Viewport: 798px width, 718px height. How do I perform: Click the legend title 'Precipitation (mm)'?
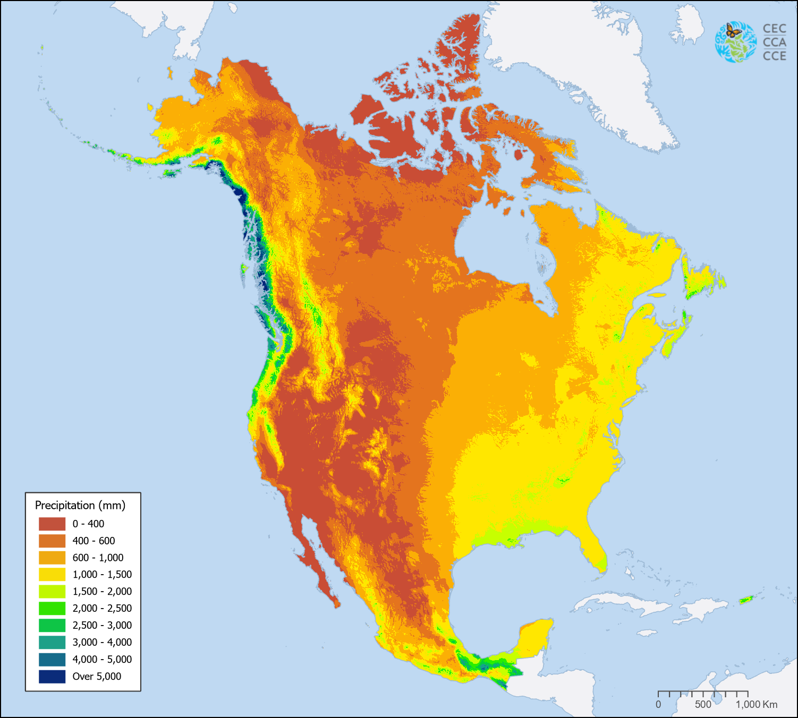tap(80, 505)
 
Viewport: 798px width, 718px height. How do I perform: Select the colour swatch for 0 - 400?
tap(52, 524)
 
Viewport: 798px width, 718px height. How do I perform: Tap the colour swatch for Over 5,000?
tap(52, 676)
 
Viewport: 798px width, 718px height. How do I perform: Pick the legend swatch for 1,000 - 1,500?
tap(52, 574)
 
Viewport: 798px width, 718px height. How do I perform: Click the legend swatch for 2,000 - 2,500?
tap(52, 608)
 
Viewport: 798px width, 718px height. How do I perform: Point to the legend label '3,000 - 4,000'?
tap(102, 642)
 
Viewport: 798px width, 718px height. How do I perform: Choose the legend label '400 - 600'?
tap(94, 541)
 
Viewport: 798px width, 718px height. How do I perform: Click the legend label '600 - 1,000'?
tap(98, 558)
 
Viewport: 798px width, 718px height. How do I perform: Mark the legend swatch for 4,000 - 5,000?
tap(52, 659)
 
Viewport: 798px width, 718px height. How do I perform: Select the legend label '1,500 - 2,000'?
tap(102, 591)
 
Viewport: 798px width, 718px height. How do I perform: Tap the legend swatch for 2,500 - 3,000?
tap(52, 625)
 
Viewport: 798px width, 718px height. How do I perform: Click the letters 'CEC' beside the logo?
tap(774, 29)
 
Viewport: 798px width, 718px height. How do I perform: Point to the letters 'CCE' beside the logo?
tap(774, 56)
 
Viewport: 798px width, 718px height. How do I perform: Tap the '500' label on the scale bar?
tap(703, 704)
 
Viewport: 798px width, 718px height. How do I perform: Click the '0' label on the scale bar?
tap(658, 704)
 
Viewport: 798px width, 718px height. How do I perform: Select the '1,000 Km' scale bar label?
tap(757, 704)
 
